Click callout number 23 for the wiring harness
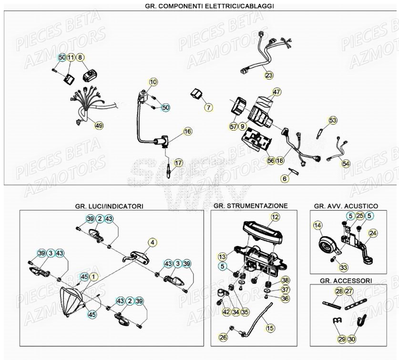click(269, 75)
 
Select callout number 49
click(99, 125)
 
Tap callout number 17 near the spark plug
click(178, 163)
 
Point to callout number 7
click(209, 107)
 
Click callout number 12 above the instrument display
click(275, 217)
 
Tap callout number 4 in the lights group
click(152, 242)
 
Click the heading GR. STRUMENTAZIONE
click(251, 206)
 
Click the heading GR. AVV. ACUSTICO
click(346, 206)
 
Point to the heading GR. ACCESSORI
click(346, 281)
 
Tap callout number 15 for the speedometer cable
click(270, 328)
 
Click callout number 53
click(332, 120)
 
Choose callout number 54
click(346, 164)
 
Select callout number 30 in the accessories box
click(352, 339)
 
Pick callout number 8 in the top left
click(80, 58)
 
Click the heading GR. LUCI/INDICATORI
click(109, 206)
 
